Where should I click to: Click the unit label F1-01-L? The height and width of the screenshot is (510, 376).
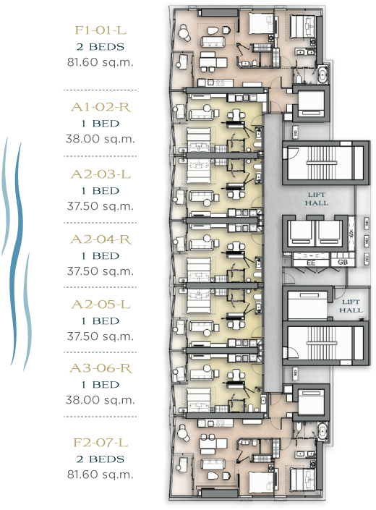[x=101, y=30]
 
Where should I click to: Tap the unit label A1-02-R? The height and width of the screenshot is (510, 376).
[x=101, y=107]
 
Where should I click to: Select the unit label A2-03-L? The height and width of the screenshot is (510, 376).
[x=101, y=174]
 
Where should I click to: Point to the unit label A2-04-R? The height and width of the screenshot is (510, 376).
[x=101, y=239]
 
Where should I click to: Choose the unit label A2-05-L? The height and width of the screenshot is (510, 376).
[x=101, y=305]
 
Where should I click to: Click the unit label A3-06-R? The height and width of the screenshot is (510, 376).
[x=101, y=368]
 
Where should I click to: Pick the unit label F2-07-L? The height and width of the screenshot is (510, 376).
[x=101, y=442]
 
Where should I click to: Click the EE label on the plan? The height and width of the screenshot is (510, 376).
[x=312, y=263]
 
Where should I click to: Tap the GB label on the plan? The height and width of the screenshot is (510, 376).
[x=343, y=262]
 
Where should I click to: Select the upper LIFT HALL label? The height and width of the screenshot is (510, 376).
[x=317, y=199]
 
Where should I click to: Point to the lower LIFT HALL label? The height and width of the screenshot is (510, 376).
[x=351, y=306]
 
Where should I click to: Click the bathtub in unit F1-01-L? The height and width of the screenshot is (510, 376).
[x=322, y=75]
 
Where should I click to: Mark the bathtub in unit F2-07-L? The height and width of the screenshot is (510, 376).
[x=322, y=432]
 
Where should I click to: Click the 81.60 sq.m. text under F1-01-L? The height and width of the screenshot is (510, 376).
[x=101, y=61]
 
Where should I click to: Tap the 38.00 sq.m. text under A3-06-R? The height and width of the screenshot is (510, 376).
[x=101, y=400]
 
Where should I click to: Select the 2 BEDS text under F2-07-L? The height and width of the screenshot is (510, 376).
[x=101, y=459]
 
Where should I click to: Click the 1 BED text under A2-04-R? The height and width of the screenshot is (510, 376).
[x=101, y=256]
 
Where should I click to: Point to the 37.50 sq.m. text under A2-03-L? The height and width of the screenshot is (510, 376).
[x=101, y=206]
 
